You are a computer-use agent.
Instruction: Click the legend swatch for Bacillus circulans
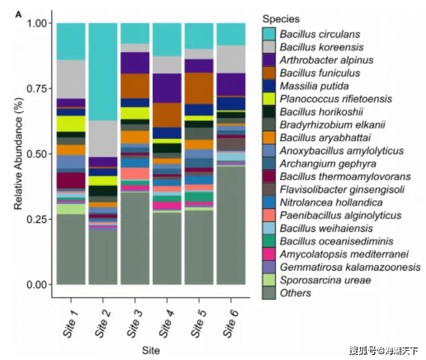coord(269,34)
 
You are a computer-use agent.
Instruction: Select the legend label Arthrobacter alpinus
coord(326,60)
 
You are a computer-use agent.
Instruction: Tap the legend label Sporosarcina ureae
coord(325,280)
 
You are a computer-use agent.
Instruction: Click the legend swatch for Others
coord(269,293)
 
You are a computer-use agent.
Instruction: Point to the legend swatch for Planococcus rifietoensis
coord(269,99)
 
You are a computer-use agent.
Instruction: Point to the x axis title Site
coord(151,350)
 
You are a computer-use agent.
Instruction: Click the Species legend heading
coord(281,19)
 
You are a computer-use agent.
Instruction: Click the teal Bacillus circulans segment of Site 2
coord(103,72)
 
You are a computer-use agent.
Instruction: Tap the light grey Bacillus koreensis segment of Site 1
coord(71,79)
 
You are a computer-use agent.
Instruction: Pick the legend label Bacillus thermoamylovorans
coord(345,177)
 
